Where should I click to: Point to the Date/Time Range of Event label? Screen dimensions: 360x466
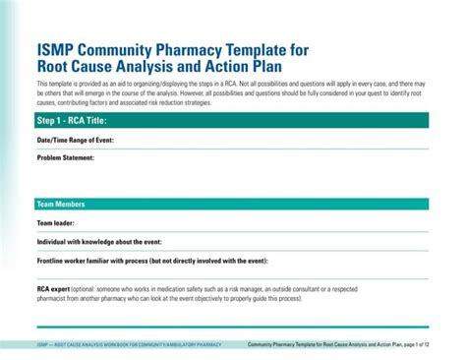pos(76,141)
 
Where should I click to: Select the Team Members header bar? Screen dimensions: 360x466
pos(61,204)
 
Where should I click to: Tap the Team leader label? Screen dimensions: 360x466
pos(56,223)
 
